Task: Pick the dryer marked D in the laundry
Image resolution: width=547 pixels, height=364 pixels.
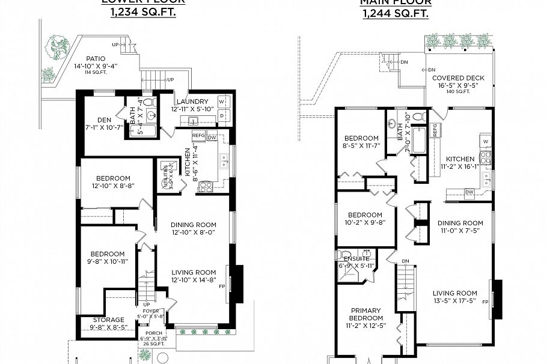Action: [222, 114]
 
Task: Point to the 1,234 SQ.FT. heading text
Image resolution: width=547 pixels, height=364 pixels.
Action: [143, 12]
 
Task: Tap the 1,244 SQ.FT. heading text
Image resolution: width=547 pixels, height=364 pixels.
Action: [396, 12]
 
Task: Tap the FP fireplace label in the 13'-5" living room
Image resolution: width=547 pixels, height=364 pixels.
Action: [485, 302]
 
